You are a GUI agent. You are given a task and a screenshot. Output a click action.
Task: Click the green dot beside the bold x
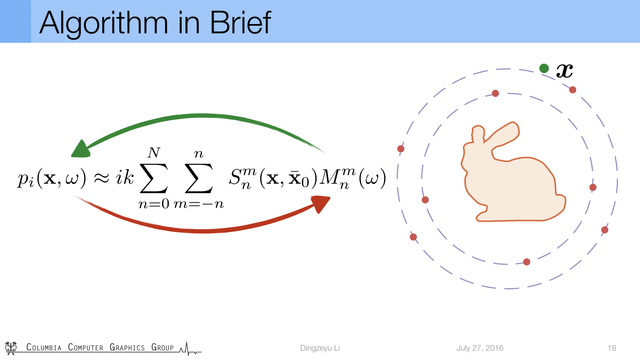pyautogui.click(x=544, y=68)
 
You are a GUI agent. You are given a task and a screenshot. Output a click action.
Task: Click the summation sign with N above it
pyautogui.click(x=154, y=178)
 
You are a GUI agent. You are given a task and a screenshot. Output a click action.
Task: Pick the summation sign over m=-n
pyautogui.click(x=199, y=178)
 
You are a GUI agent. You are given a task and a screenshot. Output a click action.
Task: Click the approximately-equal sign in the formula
pyautogui.click(x=102, y=178)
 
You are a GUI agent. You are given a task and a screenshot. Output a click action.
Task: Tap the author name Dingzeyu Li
pyautogui.click(x=320, y=348)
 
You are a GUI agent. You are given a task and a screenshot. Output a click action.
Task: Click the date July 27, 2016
pyautogui.click(x=480, y=348)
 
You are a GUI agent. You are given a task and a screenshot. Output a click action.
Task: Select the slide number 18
pyautogui.click(x=612, y=348)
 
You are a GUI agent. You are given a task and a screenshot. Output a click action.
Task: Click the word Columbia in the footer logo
pyautogui.click(x=44, y=347)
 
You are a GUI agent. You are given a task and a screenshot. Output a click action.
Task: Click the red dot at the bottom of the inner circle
pyautogui.click(x=527, y=262)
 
